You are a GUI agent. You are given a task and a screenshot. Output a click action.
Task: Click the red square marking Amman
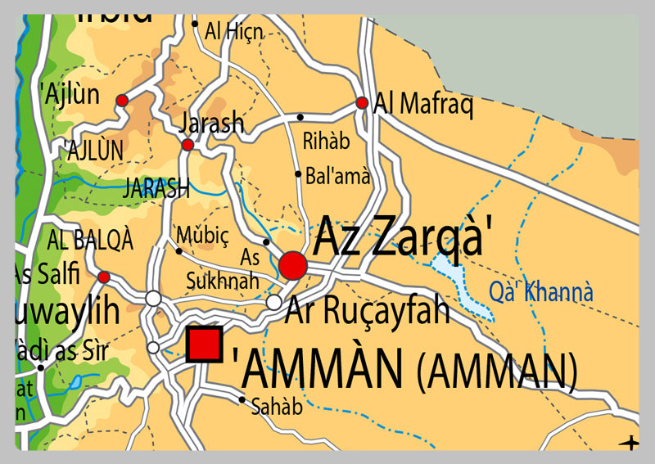[x=205, y=345]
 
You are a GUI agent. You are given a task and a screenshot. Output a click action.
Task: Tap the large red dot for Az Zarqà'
[x=293, y=265]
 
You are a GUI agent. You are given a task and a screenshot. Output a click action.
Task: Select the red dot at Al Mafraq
[x=361, y=103]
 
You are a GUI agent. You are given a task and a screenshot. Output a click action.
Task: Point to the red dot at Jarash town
[x=187, y=145]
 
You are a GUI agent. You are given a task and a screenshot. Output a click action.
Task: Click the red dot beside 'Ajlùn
[x=122, y=100]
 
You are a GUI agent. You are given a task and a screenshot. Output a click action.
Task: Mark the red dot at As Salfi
[x=103, y=277]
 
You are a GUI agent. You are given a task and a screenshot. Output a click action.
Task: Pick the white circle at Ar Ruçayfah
[x=274, y=303]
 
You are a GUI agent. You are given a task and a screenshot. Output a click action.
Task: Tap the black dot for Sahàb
[x=242, y=399]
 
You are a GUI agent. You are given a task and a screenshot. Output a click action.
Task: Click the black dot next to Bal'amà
[x=298, y=173]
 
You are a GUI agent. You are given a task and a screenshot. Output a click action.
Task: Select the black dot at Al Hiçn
[x=195, y=24]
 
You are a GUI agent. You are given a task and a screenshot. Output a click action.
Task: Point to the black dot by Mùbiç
[x=179, y=250]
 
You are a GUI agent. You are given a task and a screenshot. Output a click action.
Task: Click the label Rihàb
[x=326, y=142]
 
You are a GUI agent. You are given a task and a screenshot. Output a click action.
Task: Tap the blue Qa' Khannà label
[x=540, y=291]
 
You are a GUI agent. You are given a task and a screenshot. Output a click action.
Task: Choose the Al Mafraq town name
[x=423, y=105]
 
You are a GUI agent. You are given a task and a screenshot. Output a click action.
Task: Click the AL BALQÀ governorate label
[x=90, y=240]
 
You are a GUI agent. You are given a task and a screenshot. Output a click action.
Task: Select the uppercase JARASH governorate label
[x=156, y=188]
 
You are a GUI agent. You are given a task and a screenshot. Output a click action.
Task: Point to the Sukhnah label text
[x=223, y=281]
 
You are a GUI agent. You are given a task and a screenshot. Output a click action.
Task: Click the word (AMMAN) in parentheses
[x=496, y=371]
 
